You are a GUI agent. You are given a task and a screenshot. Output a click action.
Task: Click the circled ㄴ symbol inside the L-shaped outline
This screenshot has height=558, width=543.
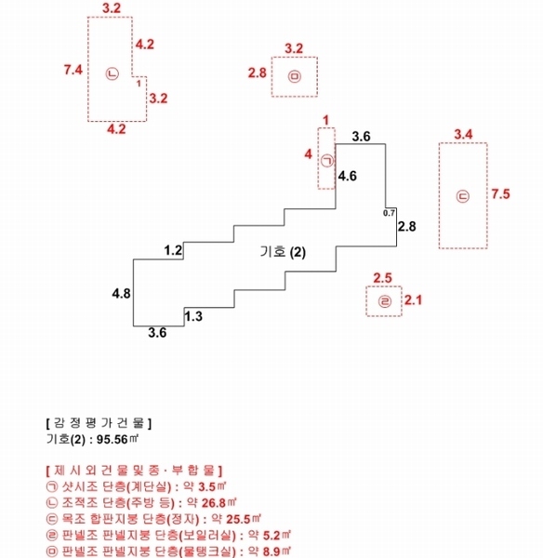click(x=113, y=74)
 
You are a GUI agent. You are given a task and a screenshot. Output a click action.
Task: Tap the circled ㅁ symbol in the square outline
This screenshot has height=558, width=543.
click(x=294, y=76)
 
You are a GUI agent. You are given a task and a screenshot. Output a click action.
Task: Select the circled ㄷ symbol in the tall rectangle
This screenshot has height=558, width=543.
click(x=463, y=196)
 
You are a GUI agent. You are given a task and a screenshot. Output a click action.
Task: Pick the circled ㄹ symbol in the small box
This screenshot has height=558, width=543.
click(x=384, y=301)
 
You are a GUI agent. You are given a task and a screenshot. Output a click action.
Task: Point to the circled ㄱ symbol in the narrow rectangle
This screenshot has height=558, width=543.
click(x=326, y=161)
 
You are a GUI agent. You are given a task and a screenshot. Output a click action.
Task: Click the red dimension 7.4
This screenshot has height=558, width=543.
click(x=73, y=70)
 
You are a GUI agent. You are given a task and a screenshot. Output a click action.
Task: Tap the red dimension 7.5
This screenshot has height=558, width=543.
click(x=500, y=194)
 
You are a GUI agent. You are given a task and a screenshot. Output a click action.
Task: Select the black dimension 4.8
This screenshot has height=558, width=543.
click(x=122, y=294)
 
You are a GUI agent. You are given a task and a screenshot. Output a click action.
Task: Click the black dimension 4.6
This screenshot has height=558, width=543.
click(x=348, y=176)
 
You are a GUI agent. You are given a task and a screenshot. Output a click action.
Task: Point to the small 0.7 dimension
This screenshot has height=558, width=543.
click(x=389, y=213)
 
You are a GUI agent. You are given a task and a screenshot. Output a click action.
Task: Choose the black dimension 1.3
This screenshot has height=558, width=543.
click(x=193, y=316)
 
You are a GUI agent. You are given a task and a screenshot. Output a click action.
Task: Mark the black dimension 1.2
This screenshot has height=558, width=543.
click(x=173, y=250)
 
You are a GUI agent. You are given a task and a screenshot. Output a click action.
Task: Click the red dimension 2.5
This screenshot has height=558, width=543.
click(x=382, y=278)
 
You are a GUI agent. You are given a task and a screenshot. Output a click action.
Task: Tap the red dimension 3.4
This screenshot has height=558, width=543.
click(x=463, y=135)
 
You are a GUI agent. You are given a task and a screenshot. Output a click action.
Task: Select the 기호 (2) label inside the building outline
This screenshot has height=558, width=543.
click(x=283, y=252)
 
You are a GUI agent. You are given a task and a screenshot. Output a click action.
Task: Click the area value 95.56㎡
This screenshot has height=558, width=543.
click(x=117, y=439)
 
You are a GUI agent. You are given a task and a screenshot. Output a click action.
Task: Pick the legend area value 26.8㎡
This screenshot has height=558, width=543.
click(x=219, y=502)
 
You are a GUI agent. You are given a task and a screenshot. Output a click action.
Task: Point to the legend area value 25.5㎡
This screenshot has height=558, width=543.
click(x=244, y=519)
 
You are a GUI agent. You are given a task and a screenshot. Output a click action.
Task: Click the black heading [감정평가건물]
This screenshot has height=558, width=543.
click(x=99, y=423)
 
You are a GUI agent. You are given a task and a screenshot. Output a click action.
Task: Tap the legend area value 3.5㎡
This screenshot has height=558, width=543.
click(x=212, y=486)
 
